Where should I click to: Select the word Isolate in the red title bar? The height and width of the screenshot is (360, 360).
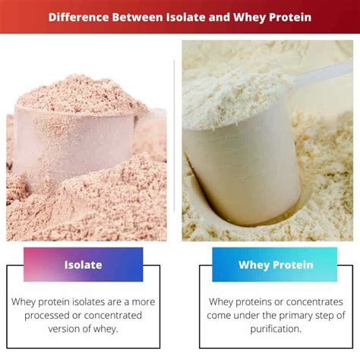199,16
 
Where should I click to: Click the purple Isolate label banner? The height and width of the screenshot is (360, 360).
83,265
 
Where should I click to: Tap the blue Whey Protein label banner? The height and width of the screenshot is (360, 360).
274,265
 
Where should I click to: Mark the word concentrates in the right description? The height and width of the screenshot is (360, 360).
312,302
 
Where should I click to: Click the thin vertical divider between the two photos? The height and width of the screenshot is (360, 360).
175,137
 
